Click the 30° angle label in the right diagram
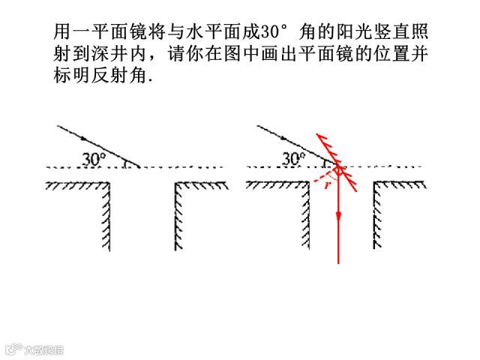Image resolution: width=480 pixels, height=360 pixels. pyautogui.click(x=293, y=158)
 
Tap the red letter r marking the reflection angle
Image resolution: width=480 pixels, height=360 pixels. pyautogui.click(x=327, y=182)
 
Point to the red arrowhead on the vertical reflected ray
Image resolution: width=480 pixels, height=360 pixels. pyautogui.click(x=339, y=216)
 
